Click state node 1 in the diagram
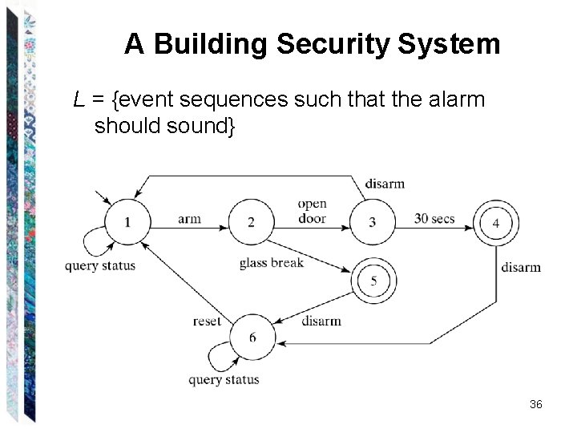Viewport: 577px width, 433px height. (x=127, y=221)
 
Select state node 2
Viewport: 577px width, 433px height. (x=251, y=221)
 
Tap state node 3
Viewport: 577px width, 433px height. (x=372, y=221)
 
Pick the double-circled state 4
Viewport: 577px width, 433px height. (x=495, y=222)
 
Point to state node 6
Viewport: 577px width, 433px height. (x=252, y=337)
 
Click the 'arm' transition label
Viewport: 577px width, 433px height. (x=189, y=219)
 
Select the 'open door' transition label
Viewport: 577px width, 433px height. (x=312, y=211)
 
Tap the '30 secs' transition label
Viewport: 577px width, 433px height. (x=434, y=219)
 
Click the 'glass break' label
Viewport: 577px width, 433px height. (x=271, y=263)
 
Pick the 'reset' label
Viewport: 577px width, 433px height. (x=207, y=321)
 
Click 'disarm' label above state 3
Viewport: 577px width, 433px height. (x=385, y=184)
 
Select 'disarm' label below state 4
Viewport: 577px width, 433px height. (x=521, y=267)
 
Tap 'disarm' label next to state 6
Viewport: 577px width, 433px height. (x=321, y=321)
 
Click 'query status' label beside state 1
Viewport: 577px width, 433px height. (x=100, y=266)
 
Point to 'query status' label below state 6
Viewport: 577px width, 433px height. (x=224, y=379)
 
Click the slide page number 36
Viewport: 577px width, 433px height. (x=536, y=405)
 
